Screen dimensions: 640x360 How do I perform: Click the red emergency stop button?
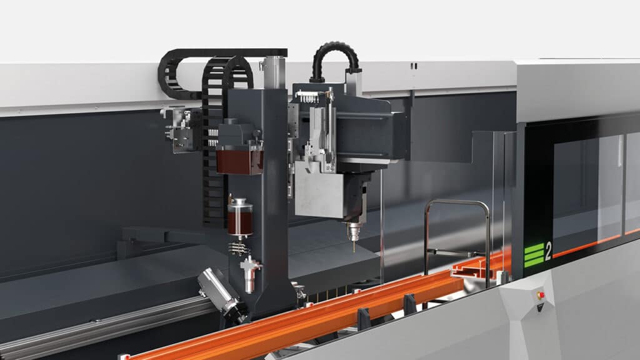pyautogui.click(x=541, y=295)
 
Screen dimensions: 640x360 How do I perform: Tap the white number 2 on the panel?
pyautogui.click(x=547, y=251)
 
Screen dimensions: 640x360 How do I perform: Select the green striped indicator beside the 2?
pyautogui.click(x=534, y=255)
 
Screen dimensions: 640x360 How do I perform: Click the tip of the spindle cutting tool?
pyautogui.click(x=354, y=250)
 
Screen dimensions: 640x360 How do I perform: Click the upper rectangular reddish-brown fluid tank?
pyautogui.click(x=239, y=162)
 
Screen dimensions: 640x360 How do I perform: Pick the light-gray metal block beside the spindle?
pyautogui.click(x=319, y=189)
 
